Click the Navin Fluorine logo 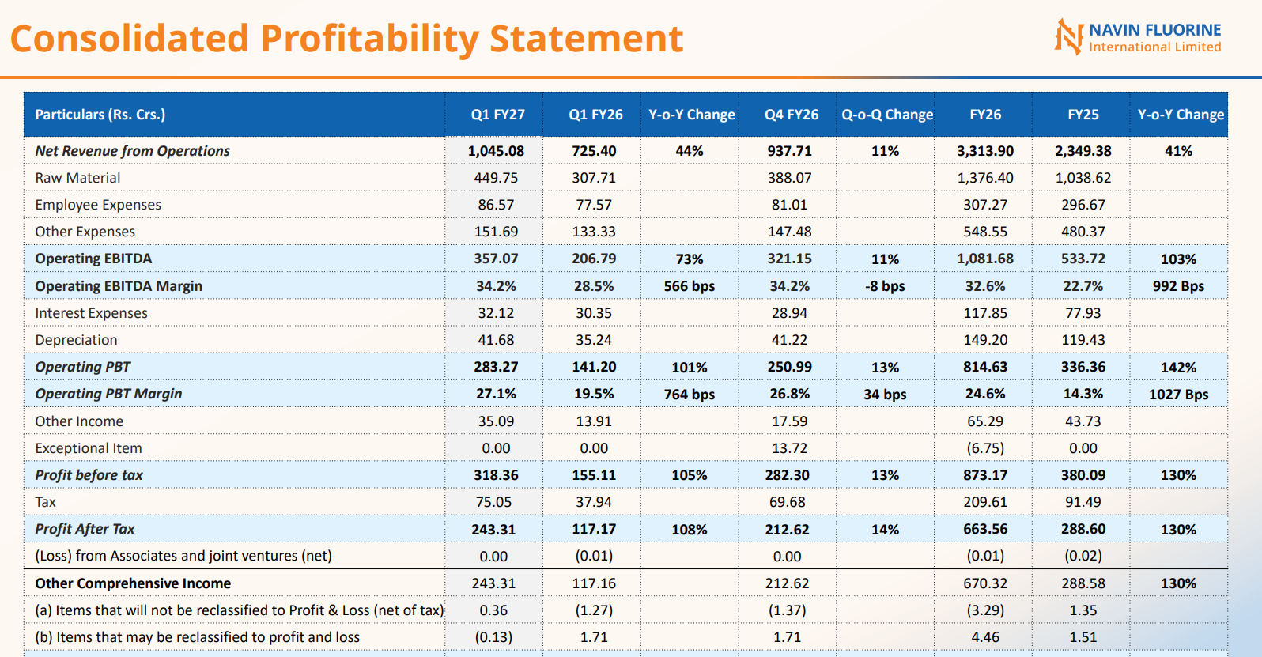[1138, 37]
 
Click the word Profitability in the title [369, 39]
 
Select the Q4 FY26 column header [791, 115]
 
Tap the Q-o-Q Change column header [887, 115]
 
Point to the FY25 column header [1083, 115]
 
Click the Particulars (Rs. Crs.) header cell [100, 115]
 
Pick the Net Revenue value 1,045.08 [496, 151]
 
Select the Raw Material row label [77, 178]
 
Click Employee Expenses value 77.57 [594, 205]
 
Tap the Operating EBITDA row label [93, 259]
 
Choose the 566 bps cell [689, 286]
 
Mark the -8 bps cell [885, 286]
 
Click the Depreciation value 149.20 [984, 340]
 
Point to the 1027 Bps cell [1179, 395]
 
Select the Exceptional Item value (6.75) [984, 448]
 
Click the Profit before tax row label [89, 475]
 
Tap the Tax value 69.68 [787, 502]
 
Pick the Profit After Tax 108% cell [689, 530]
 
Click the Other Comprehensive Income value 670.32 [984, 583]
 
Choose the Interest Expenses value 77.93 [1083, 313]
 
